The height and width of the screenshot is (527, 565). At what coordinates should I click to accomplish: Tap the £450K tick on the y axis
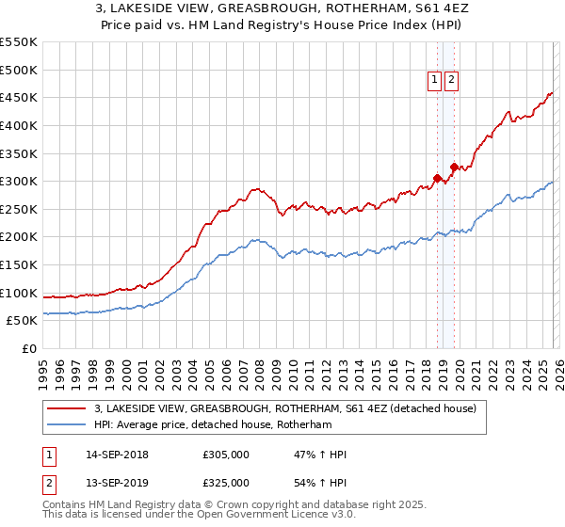point(19,97)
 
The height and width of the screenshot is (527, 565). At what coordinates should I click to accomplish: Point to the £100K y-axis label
point(19,293)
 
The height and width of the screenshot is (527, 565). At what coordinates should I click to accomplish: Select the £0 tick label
point(28,348)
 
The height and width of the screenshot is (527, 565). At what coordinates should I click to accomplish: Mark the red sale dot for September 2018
point(437,178)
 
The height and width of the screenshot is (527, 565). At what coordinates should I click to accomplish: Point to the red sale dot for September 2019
point(454,168)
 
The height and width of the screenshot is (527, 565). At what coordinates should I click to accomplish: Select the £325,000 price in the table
point(226,482)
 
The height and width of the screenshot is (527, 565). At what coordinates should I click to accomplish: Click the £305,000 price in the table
point(226,455)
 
